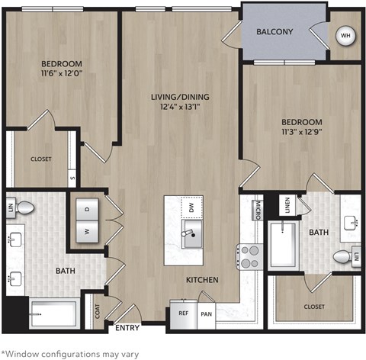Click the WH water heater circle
tap(345, 36)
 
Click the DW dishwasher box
tap(190, 207)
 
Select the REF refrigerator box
tap(184, 313)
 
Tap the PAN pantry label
tap(205, 313)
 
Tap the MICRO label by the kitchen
tap(258, 208)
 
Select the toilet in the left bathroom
tap(24, 207)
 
